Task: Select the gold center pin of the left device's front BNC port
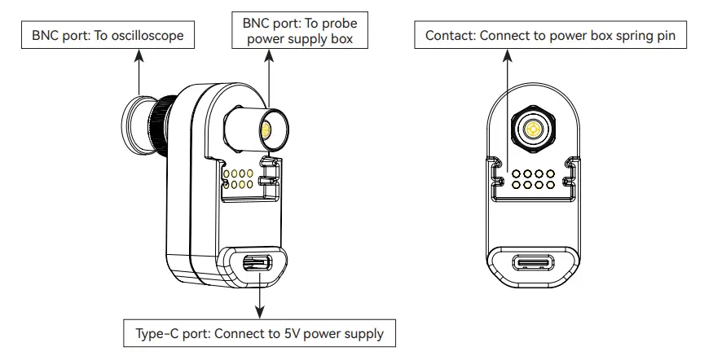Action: [266, 128]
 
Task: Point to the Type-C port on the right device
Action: [535, 263]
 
